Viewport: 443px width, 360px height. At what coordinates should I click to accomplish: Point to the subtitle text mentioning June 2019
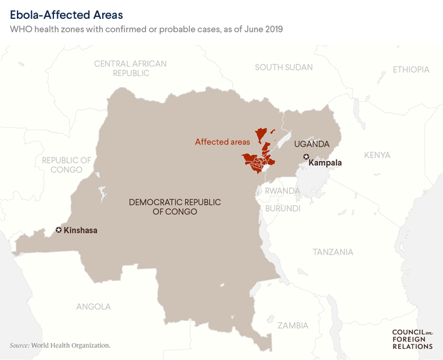point(147,29)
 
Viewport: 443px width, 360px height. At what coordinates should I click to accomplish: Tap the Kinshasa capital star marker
point(59,230)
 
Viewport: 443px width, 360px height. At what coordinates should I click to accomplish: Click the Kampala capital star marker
point(306,156)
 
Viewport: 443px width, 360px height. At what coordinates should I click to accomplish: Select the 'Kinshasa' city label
point(81,230)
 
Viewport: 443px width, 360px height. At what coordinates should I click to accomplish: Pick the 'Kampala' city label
point(325,163)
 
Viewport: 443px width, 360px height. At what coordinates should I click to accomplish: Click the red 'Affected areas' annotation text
point(222,141)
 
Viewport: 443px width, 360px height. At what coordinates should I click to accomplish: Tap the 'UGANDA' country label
point(312,143)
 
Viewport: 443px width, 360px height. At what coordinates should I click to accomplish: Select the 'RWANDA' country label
point(282,191)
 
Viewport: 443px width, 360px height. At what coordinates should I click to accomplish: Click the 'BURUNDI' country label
point(282,208)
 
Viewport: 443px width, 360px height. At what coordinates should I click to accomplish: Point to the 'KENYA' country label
point(377,155)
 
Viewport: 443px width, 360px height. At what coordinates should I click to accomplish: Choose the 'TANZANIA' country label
point(333,252)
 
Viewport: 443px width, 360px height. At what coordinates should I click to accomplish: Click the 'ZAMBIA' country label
point(293,325)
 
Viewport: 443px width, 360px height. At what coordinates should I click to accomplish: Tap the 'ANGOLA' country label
point(94,306)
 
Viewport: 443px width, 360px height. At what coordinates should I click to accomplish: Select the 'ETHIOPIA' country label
point(411,70)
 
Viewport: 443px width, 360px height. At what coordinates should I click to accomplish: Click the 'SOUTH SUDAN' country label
point(283,67)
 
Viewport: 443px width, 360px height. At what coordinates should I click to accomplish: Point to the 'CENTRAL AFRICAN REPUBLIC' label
point(130,68)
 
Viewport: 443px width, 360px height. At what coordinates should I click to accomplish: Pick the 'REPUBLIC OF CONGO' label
point(66,165)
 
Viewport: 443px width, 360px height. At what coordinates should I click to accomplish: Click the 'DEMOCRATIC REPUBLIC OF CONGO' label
point(175,207)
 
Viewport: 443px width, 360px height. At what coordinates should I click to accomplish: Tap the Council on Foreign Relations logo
point(412,339)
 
